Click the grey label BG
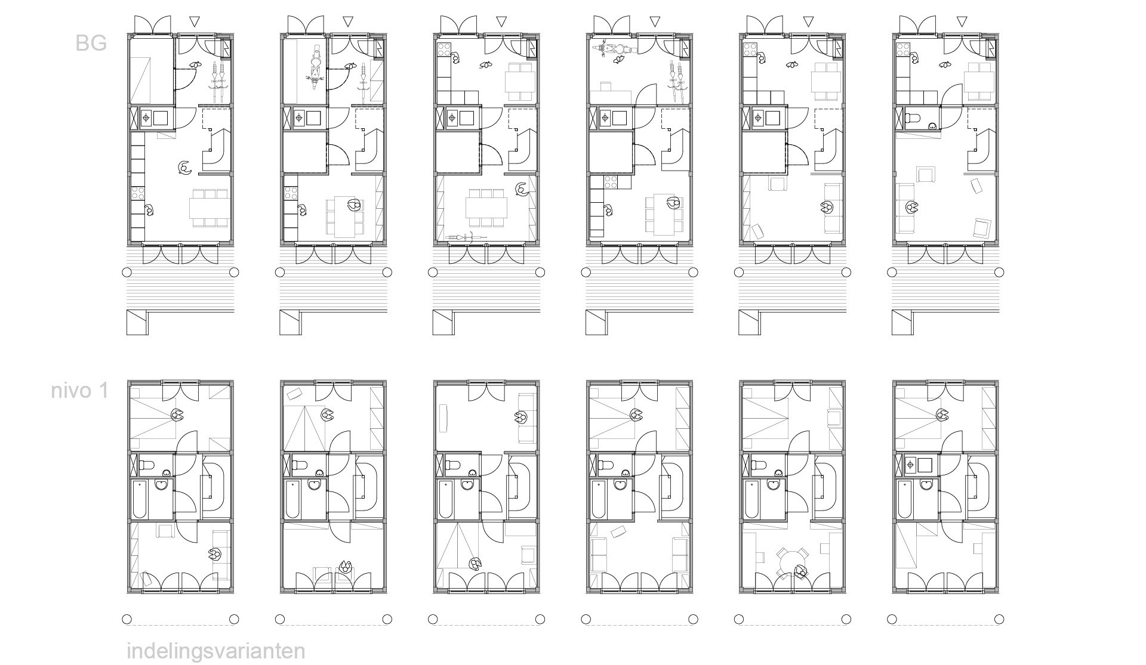coord(91,43)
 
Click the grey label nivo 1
coord(80,391)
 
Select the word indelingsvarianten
coord(216,651)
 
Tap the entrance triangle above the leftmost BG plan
coord(195,22)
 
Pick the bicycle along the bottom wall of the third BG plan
coord(466,237)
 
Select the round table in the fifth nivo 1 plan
coord(791,561)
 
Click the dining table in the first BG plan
coord(209,208)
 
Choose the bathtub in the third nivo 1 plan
coord(446,499)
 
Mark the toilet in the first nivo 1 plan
coord(147,464)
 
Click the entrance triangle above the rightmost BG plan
coord(960,22)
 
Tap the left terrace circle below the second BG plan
coord(279,273)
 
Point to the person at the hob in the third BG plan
coord(455,58)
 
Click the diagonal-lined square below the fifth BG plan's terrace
coord(750,323)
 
